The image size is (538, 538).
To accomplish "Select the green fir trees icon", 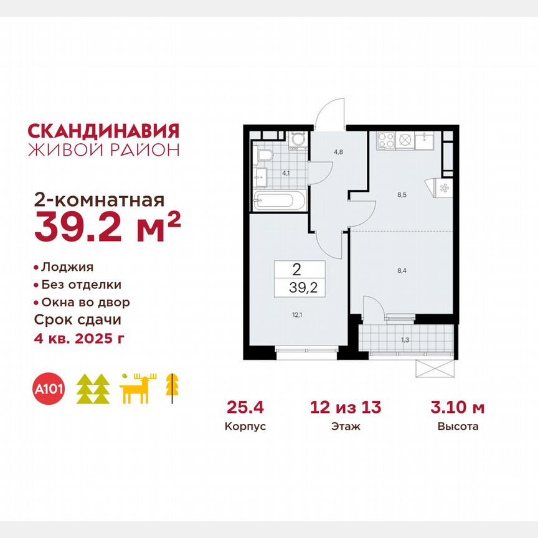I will click(93, 390).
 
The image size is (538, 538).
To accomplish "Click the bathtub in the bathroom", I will click(279, 201).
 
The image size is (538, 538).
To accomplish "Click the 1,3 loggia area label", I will click(406, 339).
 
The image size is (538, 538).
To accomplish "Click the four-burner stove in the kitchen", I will click(385, 139).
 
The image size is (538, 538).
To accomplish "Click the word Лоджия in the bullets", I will click(67, 267).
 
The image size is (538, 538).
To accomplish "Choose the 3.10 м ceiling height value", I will click(458, 408).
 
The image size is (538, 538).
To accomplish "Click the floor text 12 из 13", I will click(346, 408).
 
